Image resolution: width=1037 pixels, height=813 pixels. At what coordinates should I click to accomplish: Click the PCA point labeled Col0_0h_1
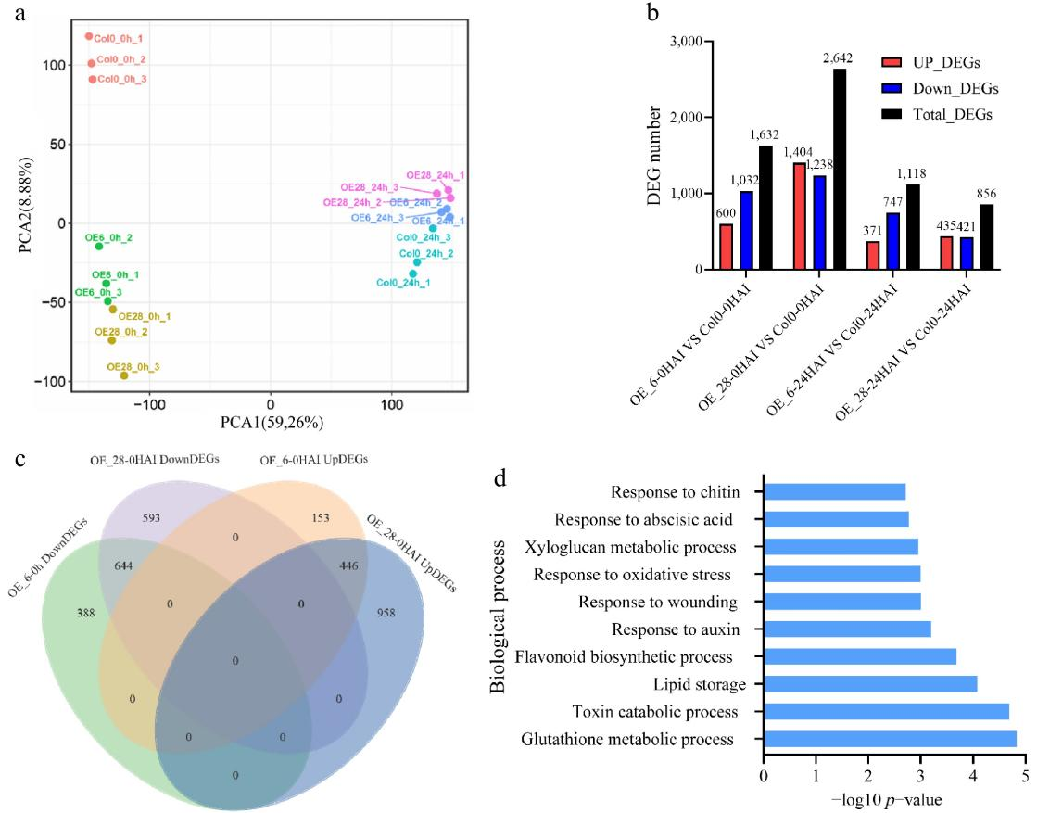(x=89, y=37)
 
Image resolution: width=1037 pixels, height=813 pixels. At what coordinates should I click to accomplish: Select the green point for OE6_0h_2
(x=99, y=246)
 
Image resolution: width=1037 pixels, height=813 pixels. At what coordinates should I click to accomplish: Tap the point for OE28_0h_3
(x=124, y=375)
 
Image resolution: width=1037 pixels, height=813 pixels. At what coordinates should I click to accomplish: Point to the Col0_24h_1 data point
(x=413, y=273)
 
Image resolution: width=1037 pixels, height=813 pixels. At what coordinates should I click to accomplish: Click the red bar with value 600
(x=726, y=247)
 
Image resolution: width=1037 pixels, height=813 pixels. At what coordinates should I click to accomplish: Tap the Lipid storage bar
(x=870, y=684)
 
